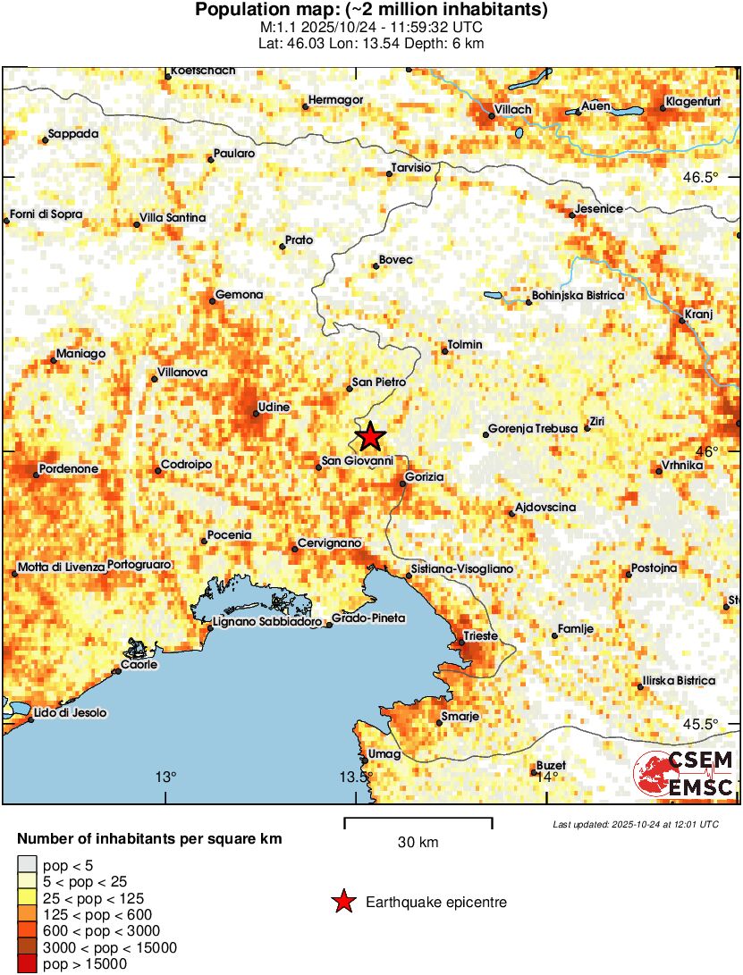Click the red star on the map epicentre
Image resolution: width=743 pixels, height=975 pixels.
point(370,437)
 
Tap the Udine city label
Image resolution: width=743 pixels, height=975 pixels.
point(274,408)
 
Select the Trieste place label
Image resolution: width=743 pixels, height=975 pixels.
point(479,636)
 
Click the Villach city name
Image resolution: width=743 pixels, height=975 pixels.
point(513,109)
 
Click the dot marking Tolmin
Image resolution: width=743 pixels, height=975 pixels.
point(444,351)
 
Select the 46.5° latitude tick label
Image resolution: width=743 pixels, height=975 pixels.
point(700,177)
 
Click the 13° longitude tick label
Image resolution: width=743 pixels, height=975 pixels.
point(166,776)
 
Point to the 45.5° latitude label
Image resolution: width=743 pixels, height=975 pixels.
point(700,724)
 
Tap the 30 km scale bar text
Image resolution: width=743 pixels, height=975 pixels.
point(418,842)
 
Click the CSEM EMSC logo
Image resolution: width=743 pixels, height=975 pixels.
point(685,774)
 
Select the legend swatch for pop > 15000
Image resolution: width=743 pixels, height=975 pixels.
point(27,962)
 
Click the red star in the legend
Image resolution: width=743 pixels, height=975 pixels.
point(342,903)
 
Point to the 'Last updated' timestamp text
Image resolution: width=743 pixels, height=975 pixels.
point(635,824)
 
